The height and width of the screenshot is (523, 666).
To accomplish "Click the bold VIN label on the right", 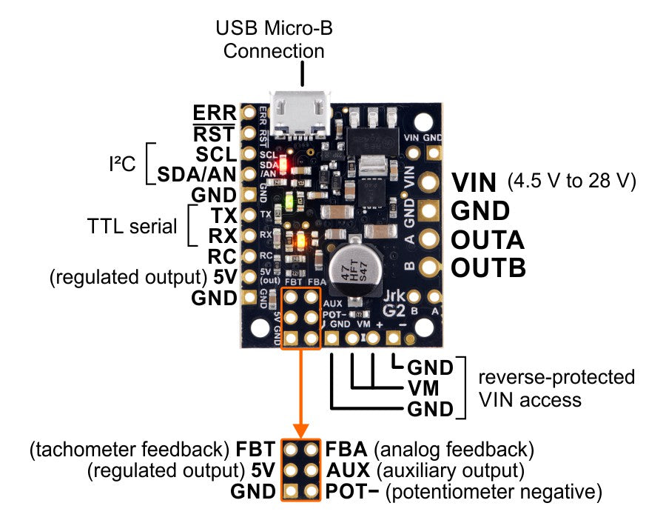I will coord(477,182).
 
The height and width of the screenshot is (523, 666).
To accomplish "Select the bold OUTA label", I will coord(488,240).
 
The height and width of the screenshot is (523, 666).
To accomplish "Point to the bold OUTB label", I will coord(488,267).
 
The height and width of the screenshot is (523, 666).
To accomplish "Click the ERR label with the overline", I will coord(215,113).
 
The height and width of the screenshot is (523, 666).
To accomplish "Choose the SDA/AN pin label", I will coord(197,175).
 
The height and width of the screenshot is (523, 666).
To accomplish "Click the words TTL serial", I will coord(132,226).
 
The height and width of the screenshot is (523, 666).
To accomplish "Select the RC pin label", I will coord(221,257).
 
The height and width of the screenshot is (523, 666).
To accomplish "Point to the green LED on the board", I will coord(291,201).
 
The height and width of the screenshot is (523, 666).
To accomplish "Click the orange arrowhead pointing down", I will coord(301,430).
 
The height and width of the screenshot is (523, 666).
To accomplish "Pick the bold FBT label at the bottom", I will coord(256,449).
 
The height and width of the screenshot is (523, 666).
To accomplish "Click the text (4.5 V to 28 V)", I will coord(572,182).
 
